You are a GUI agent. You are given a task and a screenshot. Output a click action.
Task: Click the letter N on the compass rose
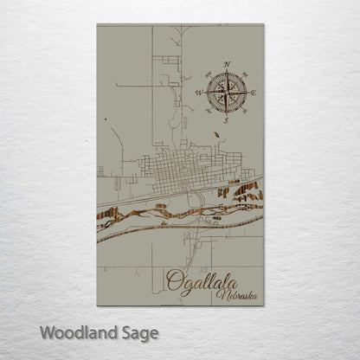[x=227, y=65]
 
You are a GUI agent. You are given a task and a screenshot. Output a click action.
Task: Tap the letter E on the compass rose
[x=254, y=91]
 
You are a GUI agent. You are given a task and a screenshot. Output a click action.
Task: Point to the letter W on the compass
[x=198, y=91]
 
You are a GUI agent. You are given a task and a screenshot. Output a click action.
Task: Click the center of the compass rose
[x=227, y=91]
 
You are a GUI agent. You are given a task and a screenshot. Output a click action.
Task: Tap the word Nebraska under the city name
[x=237, y=297]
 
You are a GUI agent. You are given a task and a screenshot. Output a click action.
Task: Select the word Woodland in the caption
[x=75, y=331]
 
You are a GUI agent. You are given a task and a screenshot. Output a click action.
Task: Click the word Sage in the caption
[x=139, y=332]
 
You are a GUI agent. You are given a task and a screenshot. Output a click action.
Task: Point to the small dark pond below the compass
[x=215, y=135]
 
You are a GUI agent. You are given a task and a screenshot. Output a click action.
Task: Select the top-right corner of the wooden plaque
[x=263, y=25]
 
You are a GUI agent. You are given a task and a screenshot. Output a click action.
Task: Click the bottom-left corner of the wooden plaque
[x=97, y=305]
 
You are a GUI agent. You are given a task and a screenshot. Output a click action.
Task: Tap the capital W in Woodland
[x=46, y=331]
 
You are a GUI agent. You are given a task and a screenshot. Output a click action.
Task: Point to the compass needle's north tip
[x=227, y=73]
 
